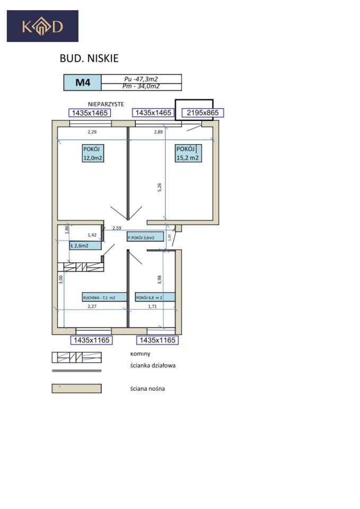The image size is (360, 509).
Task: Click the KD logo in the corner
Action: pos(42,26)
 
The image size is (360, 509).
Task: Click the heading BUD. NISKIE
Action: pos(89,58)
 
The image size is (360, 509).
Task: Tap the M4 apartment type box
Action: pos(82,83)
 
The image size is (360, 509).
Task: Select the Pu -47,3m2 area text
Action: pos(141,78)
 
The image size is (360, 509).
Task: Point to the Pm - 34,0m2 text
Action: pos(141,86)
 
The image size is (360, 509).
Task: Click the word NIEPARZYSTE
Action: pos(106,105)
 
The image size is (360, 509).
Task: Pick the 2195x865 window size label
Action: pos(203,112)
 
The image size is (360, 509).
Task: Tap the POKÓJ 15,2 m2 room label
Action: pos(188,153)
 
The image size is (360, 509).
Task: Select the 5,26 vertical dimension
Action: pos(160,188)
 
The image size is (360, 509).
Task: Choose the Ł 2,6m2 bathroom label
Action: pos(85,245)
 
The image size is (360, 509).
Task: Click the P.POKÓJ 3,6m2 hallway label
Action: pos(145,238)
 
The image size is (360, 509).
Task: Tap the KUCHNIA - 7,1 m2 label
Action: pos(104,297)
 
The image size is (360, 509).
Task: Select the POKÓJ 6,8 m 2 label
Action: pos(148,297)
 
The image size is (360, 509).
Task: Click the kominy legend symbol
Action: pos(76,357)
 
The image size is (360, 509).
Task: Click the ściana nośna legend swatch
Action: pos(76,389)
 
